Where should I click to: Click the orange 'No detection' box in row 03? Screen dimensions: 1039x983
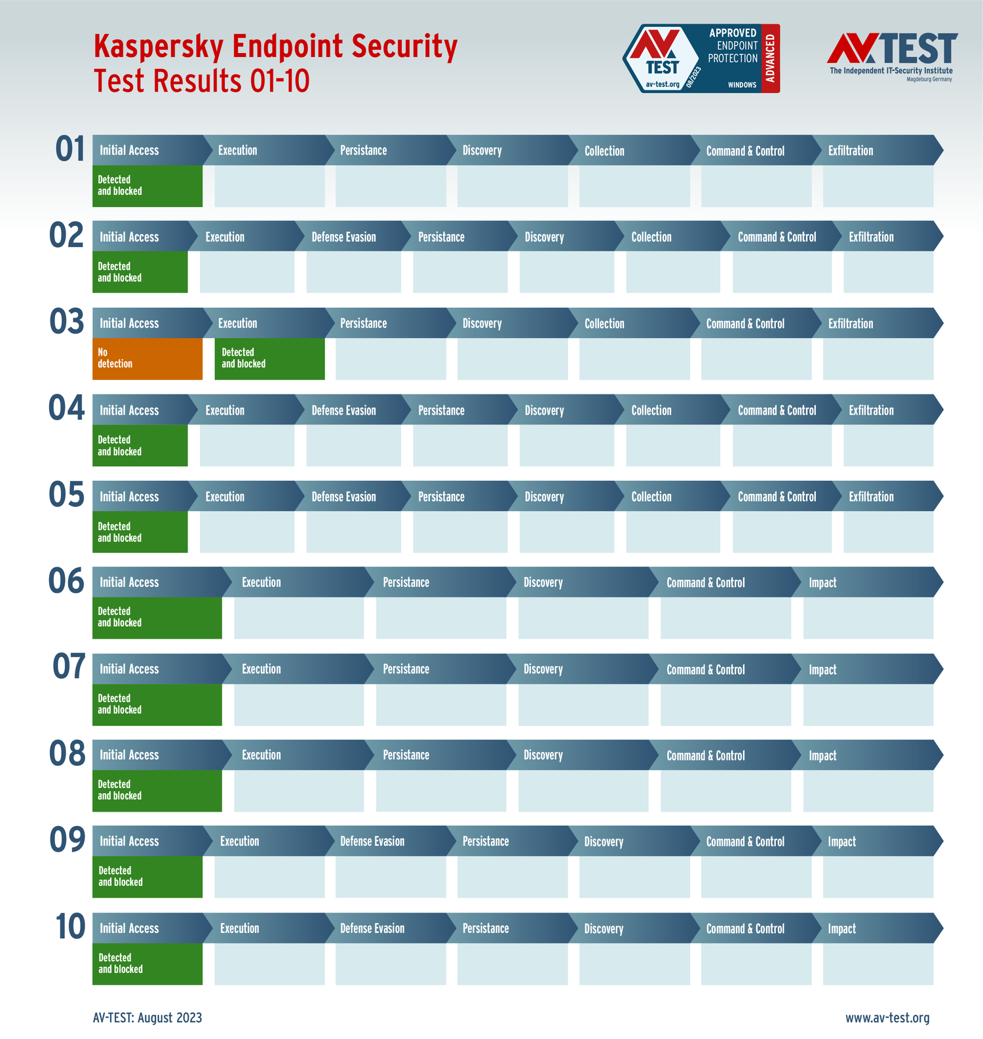tap(147, 358)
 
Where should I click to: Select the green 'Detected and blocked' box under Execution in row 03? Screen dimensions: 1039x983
tap(269, 358)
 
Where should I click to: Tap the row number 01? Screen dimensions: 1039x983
tap(70, 149)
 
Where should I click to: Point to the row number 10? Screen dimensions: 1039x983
tap(70, 927)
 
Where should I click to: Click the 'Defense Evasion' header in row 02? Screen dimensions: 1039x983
tap(343, 237)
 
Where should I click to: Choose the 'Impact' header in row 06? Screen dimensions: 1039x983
tap(822, 582)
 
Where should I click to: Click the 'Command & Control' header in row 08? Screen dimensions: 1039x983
tap(705, 755)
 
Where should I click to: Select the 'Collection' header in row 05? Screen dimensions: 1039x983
tap(651, 497)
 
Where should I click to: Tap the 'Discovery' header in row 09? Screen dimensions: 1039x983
tap(604, 842)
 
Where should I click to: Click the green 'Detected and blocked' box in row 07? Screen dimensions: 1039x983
tap(157, 704)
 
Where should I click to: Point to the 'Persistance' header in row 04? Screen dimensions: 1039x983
tap(441, 411)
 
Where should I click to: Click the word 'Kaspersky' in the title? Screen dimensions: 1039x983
tap(159, 47)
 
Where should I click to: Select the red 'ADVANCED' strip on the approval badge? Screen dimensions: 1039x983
tap(771, 58)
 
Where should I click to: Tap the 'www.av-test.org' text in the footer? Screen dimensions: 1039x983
tap(887, 1017)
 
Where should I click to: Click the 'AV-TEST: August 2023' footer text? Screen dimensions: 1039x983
tap(147, 1017)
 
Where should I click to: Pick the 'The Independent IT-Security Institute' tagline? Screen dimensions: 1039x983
tap(891, 71)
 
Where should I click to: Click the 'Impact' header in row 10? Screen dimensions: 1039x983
tap(841, 928)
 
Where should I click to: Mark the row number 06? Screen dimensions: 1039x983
tap(67, 582)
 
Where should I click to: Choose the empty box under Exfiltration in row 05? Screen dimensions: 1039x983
tap(888, 532)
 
